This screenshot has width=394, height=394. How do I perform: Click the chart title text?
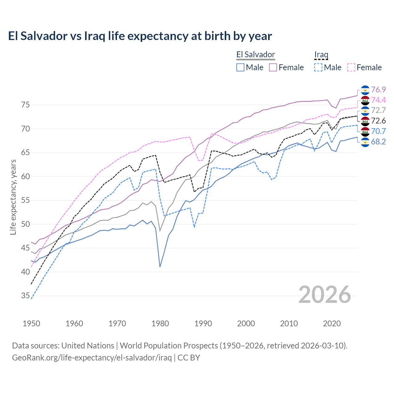click(140, 36)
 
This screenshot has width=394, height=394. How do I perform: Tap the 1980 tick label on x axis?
click(160, 324)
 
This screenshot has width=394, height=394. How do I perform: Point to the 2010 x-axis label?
click(289, 324)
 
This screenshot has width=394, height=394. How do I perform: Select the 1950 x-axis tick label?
click(31, 324)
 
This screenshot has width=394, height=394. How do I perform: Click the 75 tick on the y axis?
click(26, 105)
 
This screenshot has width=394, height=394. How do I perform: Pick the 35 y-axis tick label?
click(26, 296)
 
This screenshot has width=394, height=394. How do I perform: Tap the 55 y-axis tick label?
click(26, 200)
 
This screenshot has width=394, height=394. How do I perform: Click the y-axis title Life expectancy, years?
click(13, 197)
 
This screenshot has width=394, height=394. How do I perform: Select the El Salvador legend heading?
click(255, 55)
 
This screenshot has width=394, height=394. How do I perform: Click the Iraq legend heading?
click(321, 55)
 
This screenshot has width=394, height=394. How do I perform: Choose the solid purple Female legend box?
click(273, 67)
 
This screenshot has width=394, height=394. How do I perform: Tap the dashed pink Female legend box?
click(351, 67)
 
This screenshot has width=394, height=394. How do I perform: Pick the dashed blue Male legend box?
click(318, 67)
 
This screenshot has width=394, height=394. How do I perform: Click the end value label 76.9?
click(378, 90)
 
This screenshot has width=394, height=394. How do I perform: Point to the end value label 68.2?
click(378, 142)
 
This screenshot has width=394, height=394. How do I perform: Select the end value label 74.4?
click(378, 100)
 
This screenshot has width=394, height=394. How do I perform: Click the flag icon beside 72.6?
click(365, 121)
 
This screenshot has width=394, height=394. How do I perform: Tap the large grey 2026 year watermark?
click(325, 295)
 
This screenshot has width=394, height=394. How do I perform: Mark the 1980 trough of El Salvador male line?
click(160, 267)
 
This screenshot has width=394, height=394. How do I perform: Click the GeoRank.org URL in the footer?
click(92, 358)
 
